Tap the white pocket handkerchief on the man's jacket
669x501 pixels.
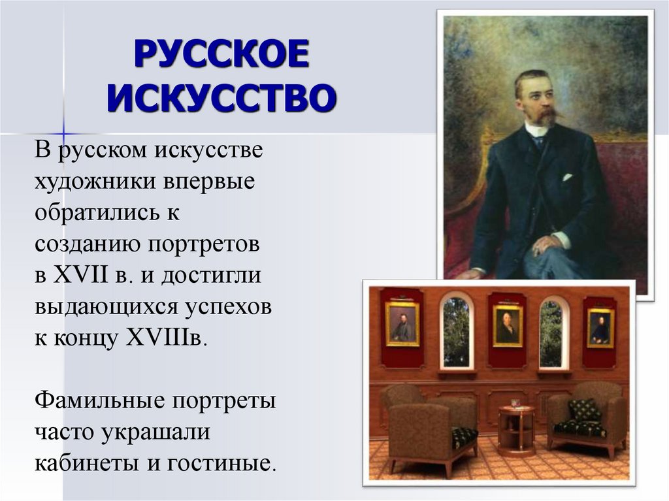click(566, 177)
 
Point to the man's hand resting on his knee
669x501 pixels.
click(546, 246)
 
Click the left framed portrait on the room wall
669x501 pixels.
click(402, 323)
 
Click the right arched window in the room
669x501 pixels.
click(551, 332)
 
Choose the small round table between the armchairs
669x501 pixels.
click(516, 428)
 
